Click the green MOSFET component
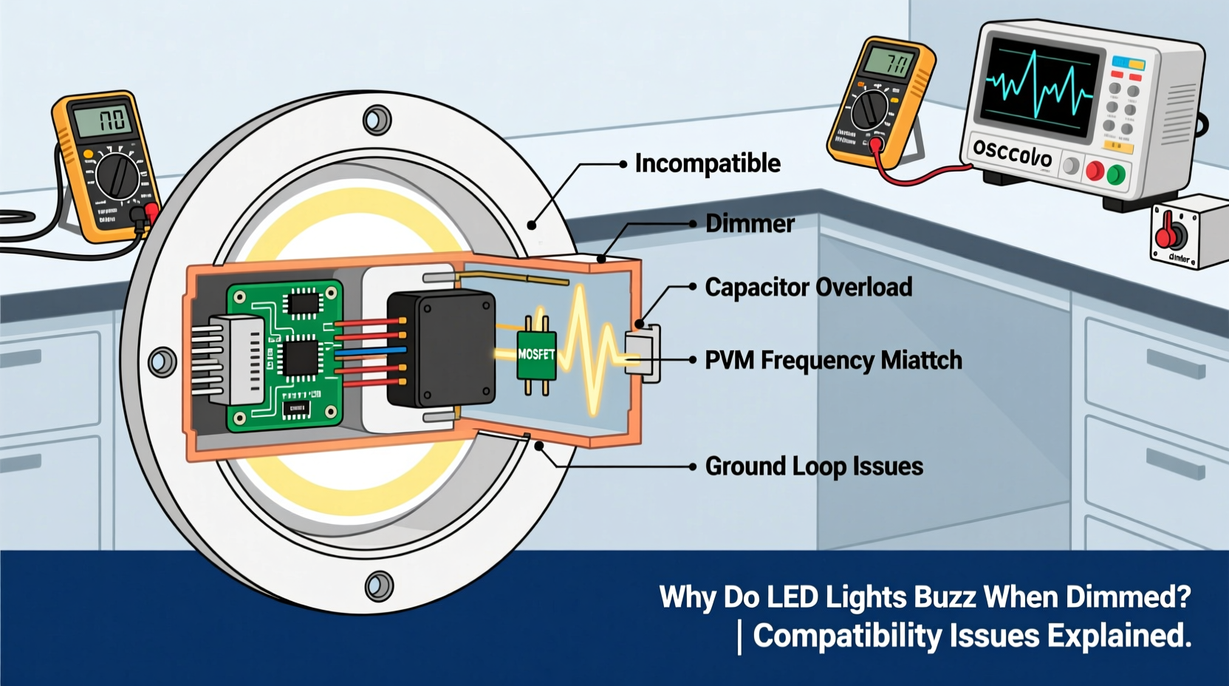click(x=536, y=355)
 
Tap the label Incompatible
click(x=707, y=163)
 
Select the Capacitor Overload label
click(x=808, y=287)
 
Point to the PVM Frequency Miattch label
click(x=833, y=360)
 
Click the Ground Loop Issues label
click(x=814, y=466)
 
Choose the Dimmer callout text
click(x=750, y=223)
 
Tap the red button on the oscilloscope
click(x=1094, y=171)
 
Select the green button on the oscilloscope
click(x=1116, y=175)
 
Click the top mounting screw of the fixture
click(x=377, y=119)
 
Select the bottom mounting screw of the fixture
click(x=379, y=586)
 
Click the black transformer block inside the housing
click(x=441, y=347)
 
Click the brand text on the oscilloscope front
click(x=1012, y=153)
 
